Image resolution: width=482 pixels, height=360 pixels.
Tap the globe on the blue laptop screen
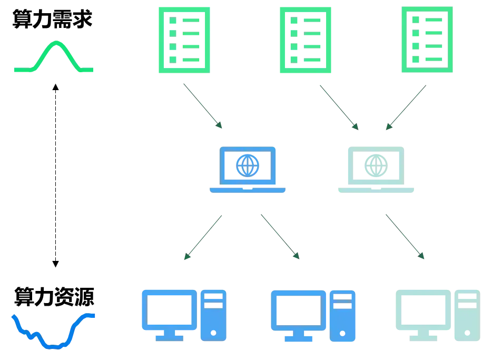point(245,165)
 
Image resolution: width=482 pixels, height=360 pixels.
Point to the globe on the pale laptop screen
point(375,165)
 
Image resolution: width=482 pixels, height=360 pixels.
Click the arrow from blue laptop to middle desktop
point(280,237)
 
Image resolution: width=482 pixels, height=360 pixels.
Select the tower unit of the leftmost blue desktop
point(213,314)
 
